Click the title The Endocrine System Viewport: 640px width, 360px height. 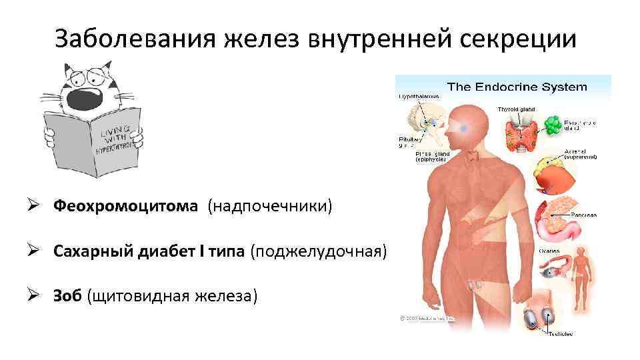coord(517,87)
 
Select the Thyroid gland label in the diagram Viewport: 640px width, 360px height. coord(516,109)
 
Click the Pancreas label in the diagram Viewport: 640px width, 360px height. coord(584,215)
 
